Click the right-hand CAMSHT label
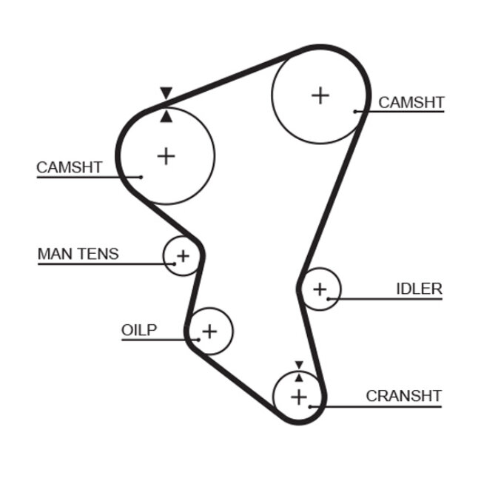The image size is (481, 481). coord(411,102)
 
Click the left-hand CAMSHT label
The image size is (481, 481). coord(70,168)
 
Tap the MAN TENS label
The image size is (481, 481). coord(78,255)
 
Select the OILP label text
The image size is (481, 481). coord(139,330)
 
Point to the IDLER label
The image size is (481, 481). coord(419,289)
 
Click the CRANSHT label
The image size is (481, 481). coord(403,396)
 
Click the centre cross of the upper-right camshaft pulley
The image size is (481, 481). coord(320,95)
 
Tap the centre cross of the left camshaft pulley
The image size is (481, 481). coord(166,156)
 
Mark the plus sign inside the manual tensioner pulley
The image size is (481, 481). coord(182,257)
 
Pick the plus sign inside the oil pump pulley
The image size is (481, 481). coord(209,331)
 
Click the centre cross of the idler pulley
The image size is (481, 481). coord(320,289)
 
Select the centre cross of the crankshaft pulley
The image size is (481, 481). coord(298,397)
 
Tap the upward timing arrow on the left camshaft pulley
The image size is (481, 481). coord(166,116)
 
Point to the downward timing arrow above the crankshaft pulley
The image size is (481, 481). coord(298,365)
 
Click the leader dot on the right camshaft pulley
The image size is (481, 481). coord(356,112)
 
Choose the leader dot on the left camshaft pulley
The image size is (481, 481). coord(141,177)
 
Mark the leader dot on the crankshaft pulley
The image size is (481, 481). coord(312,406)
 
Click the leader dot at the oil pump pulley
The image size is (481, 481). coord(198,340)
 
